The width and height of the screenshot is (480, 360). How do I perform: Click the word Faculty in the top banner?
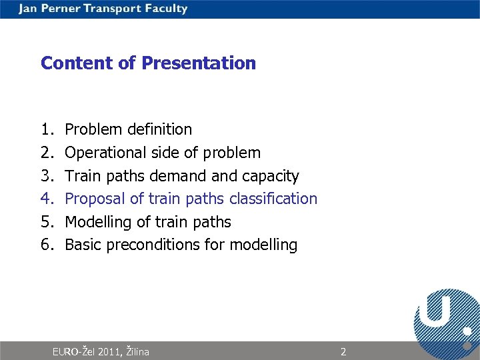(164, 9)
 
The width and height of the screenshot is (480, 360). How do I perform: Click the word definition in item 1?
(159, 129)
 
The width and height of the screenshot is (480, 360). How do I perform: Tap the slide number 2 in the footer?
(343, 351)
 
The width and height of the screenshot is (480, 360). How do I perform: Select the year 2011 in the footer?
(109, 351)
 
